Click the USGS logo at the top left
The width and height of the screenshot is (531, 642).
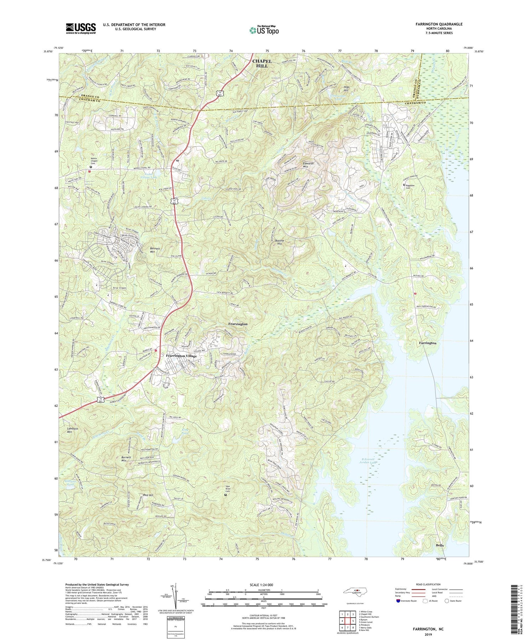pos(81,28)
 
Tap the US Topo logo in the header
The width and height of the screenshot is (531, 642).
pos(264,30)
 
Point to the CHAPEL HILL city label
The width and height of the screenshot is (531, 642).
pos(262,63)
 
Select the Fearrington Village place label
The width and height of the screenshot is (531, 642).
pos(181,356)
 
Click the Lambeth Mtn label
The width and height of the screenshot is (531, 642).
pos(72,430)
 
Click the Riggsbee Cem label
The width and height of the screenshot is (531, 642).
pos(411,186)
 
